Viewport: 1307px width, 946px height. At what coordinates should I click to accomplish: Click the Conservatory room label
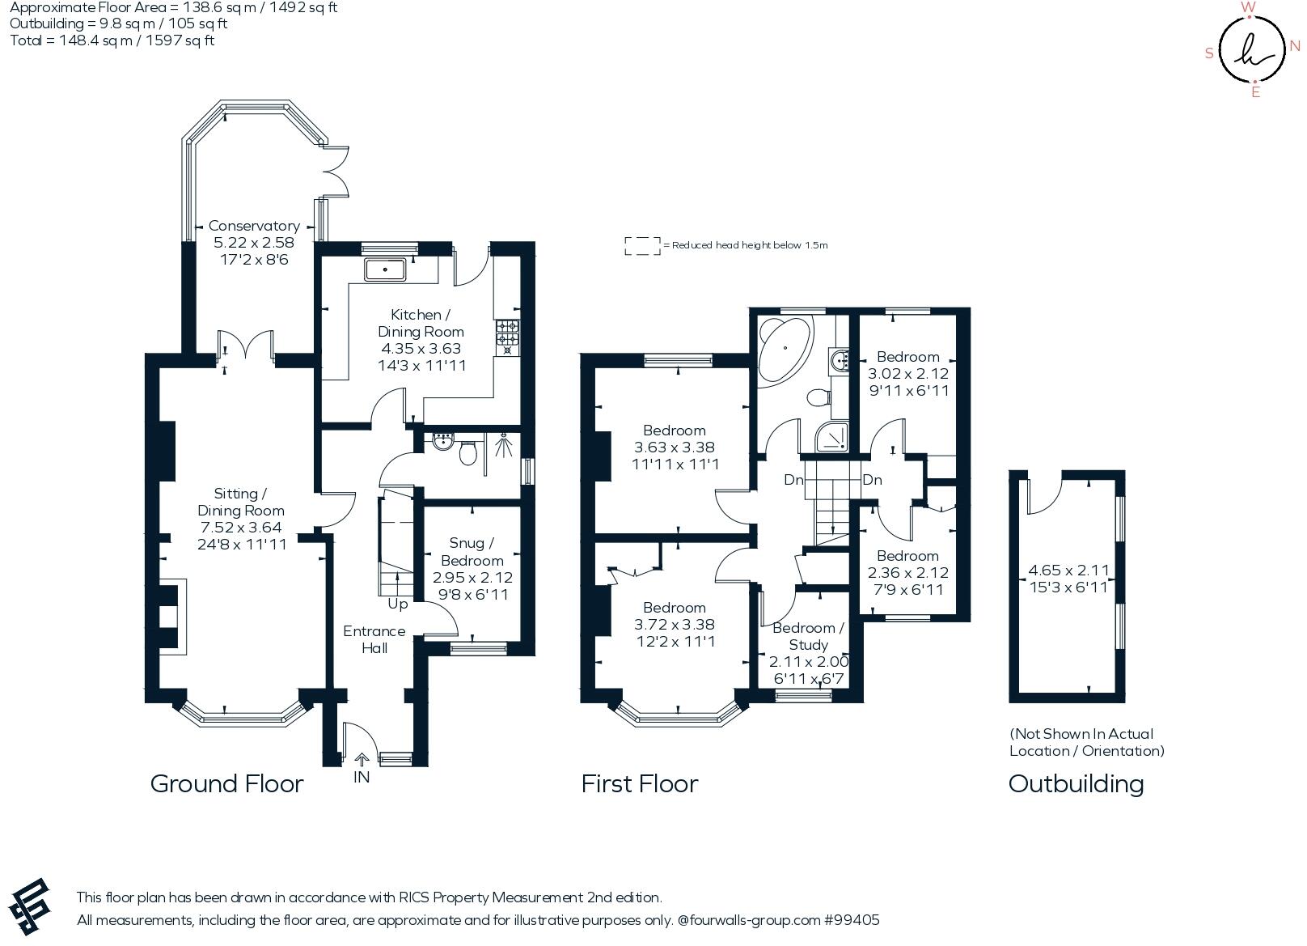(x=254, y=226)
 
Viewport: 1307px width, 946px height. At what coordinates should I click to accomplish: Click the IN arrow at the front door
(x=362, y=760)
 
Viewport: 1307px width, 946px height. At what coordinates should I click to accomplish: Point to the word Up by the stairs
(x=398, y=604)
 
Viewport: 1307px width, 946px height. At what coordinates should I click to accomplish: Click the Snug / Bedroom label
(x=472, y=552)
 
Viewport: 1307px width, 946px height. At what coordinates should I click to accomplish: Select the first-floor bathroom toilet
(x=818, y=397)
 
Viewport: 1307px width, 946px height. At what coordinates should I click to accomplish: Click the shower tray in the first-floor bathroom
(x=832, y=437)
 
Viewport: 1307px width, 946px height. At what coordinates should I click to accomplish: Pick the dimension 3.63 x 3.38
(x=675, y=448)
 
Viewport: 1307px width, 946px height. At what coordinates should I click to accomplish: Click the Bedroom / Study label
(x=808, y=636)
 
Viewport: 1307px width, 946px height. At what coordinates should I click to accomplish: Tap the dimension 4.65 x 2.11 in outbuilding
(x=1068, y=571)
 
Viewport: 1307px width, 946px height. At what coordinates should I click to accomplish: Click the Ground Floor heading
(x=226, y=783)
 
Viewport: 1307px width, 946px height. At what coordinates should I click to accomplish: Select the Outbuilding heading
(x=1076, y=783)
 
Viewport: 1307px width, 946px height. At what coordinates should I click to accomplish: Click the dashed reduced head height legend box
(x=641, y=246)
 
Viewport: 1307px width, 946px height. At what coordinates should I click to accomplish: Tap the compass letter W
(x=1248, y=8)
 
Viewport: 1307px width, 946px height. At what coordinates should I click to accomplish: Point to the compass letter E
(x=1255, y=92)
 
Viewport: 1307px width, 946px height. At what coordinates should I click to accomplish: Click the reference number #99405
(x=852, y=920)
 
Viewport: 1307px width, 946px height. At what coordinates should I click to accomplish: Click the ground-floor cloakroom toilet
(x=467, y=453)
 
